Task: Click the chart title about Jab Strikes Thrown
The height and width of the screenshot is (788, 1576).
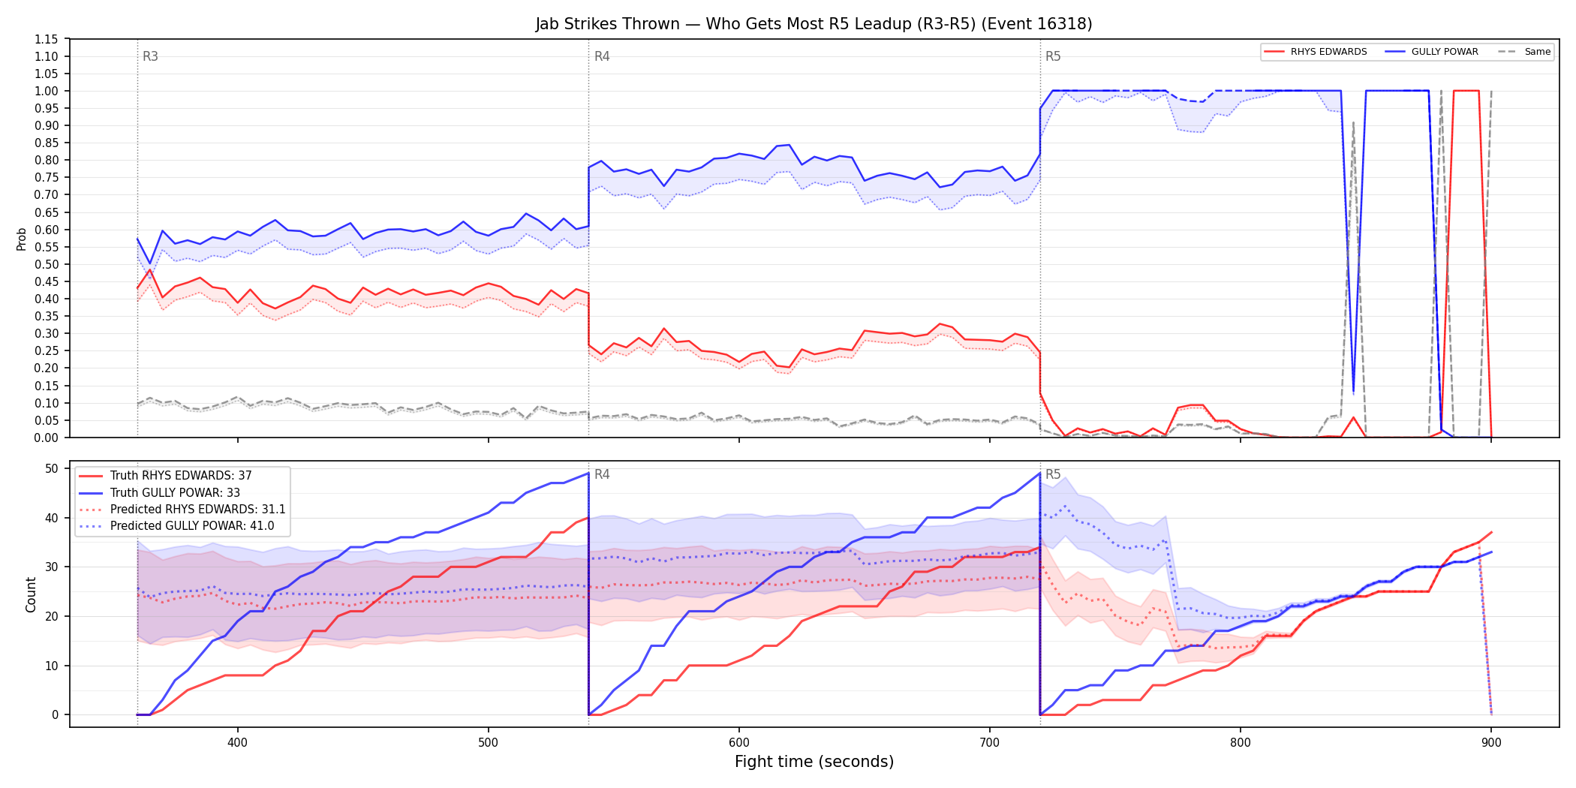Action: click(814, 24)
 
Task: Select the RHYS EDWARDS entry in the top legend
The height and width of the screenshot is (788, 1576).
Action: click(1316, 52)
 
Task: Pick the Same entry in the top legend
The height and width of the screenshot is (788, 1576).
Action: click(1524, 52)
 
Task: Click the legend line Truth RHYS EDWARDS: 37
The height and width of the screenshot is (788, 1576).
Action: click(165, 476)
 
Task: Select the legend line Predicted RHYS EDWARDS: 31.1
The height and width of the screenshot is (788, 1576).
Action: click(182, 510)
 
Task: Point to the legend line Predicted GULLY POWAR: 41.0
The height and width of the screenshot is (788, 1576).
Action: click(176, 526)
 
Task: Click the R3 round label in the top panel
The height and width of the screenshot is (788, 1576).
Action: click(150, 56)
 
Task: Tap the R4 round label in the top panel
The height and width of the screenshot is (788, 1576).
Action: click(602, 56)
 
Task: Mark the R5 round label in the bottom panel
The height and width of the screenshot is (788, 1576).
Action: click(1053, 474)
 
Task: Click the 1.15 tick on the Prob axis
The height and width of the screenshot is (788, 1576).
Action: click(47, 39)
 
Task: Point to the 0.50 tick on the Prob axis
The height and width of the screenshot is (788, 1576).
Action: click(47, 264)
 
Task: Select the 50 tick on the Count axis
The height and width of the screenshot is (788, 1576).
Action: click(52, 468)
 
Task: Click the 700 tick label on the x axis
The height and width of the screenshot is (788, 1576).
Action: click(990, 742)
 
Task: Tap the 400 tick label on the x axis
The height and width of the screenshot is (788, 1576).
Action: click(238, 742)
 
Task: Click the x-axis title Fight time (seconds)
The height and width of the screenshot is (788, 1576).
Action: click(814, 762)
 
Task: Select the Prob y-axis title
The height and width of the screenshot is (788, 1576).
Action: click(22, 239)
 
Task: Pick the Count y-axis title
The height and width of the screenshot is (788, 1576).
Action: click(31, 594)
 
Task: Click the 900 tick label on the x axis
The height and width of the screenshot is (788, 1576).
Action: click(1491, 742)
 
